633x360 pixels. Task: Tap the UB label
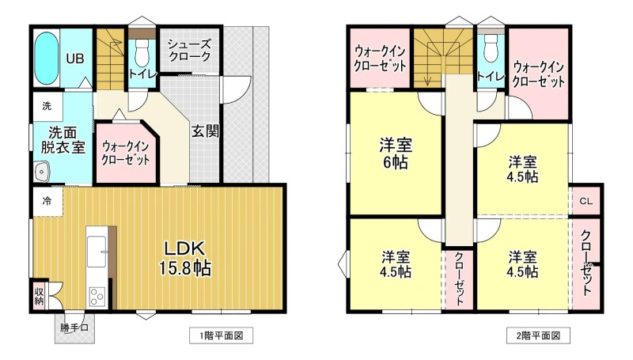(x=75, y=59)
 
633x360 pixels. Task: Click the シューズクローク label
(x=189, y=50)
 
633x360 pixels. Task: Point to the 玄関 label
(x=205, y=131)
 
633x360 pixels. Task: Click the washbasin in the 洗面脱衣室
(x=42, y=172)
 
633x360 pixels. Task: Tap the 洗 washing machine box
(x=47, y=106)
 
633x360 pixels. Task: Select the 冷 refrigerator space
(x=47, y=201)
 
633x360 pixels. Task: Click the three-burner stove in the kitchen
(x=97, y=297)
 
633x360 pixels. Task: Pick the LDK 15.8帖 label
(x=185, y=258)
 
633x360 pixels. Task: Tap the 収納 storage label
(x=39, y=296)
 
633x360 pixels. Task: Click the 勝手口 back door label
(x=74, y=328)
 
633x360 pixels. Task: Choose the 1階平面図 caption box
(x=222, y=335)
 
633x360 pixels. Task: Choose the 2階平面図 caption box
(x=539, y=335)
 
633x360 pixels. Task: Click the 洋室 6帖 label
(x=395, y=153)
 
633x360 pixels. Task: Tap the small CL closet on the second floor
(x=586, y=201)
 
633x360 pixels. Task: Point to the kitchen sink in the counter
(x=97, y=251)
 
